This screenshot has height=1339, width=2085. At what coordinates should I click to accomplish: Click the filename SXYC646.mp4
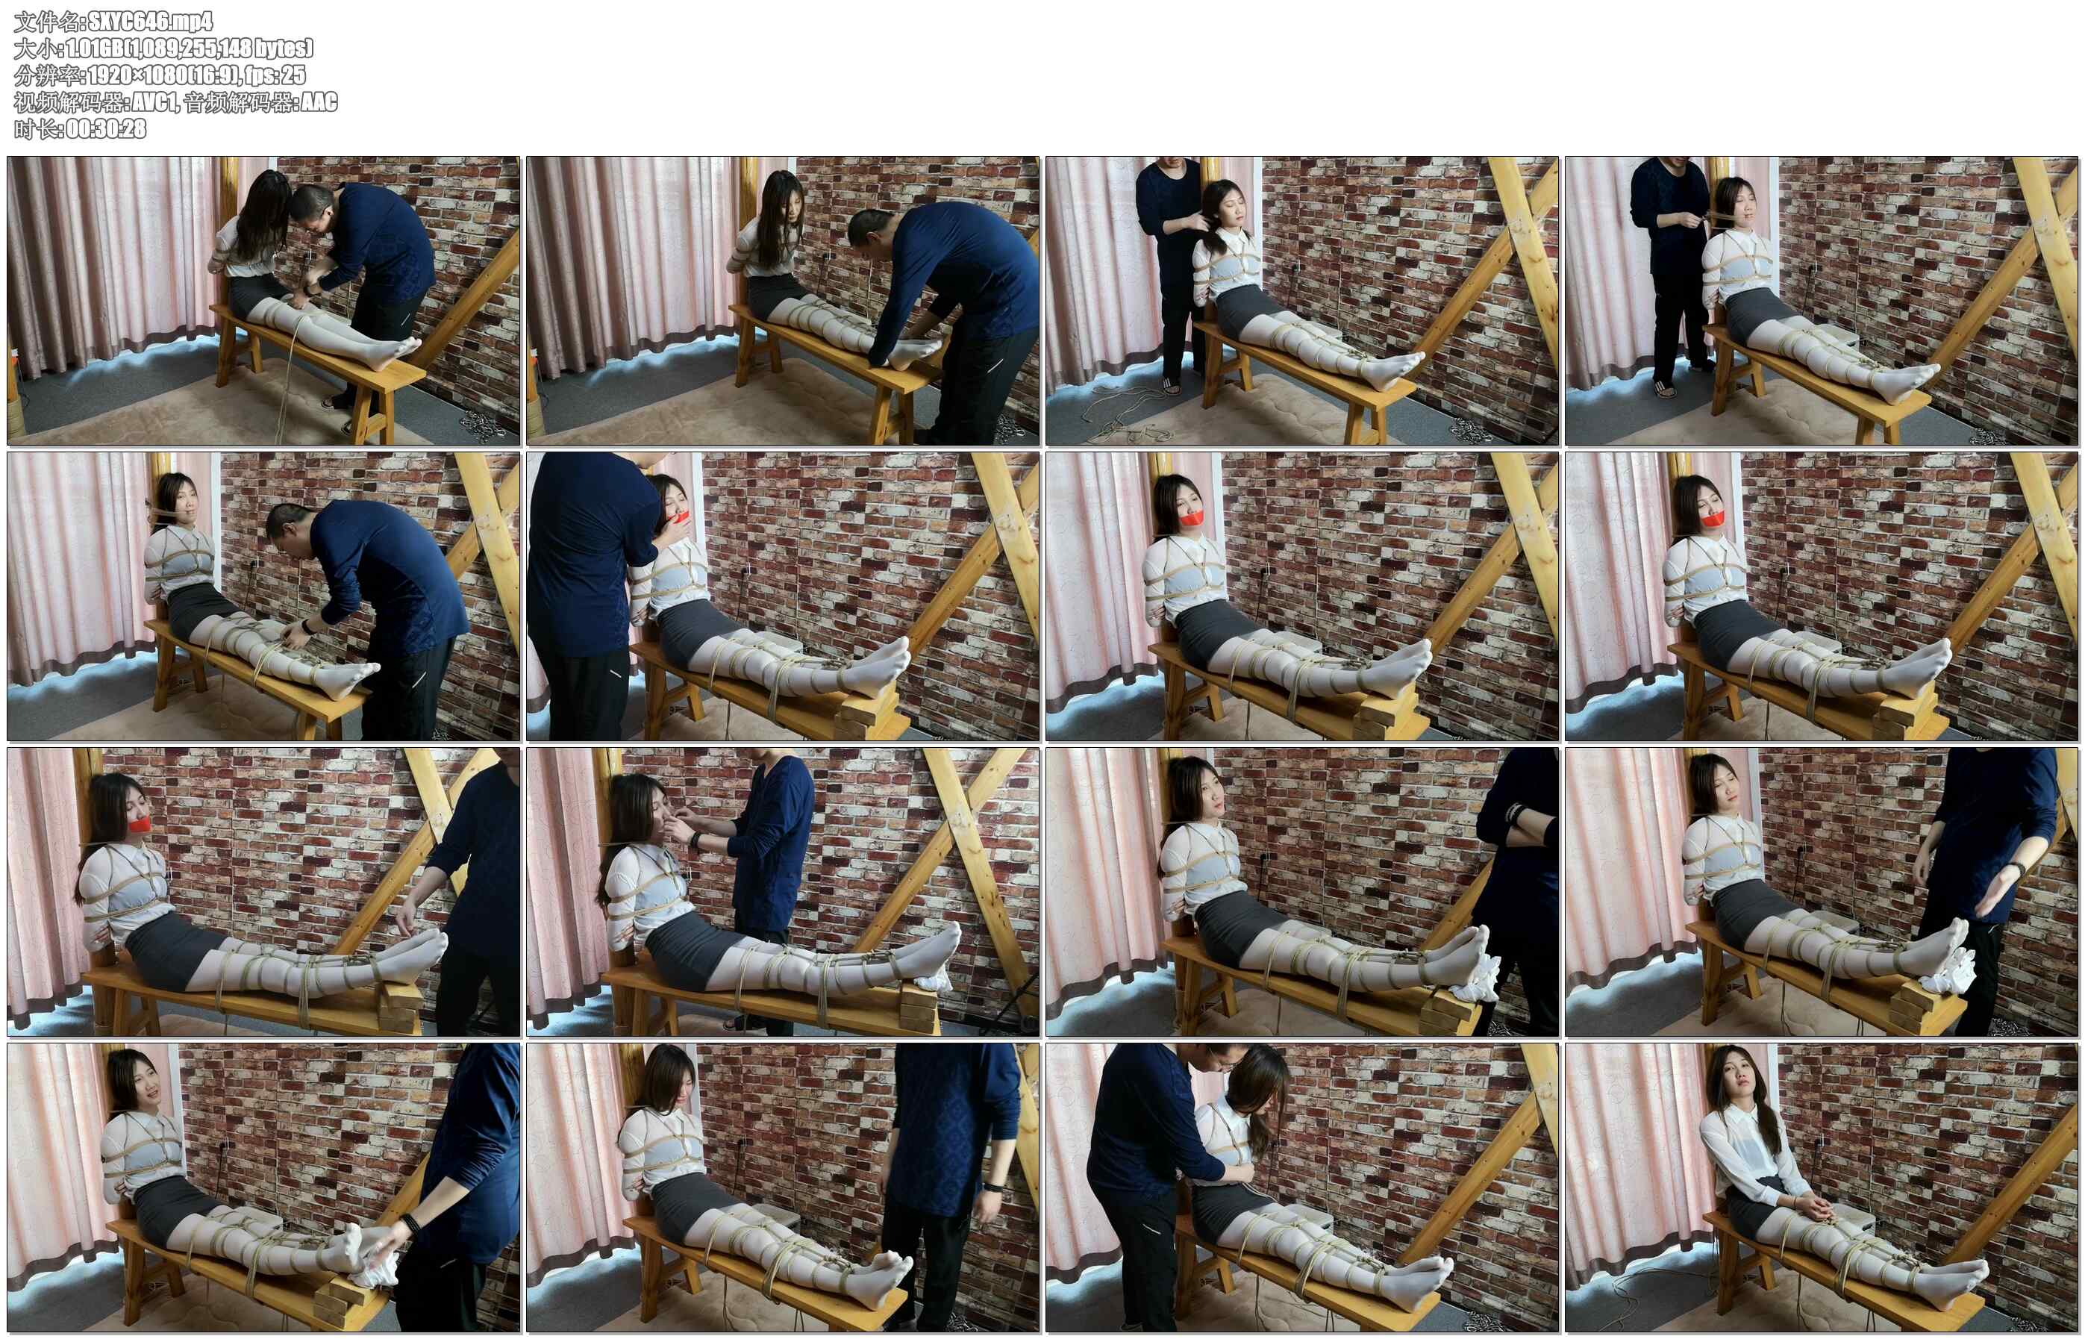point(150,21)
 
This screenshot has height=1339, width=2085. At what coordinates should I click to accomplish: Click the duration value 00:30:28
point(106,128)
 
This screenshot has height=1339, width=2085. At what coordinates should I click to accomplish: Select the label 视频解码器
point(69,102)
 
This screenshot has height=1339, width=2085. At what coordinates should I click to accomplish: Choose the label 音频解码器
point(238,102)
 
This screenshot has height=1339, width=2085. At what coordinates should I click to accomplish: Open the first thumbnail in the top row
point(263,301)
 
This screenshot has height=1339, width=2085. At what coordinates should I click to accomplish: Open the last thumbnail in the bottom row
point(1821,1187)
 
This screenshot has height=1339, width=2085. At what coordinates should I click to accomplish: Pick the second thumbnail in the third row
point(783,892)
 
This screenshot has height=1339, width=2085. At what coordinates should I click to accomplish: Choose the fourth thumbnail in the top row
point(1821,301)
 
